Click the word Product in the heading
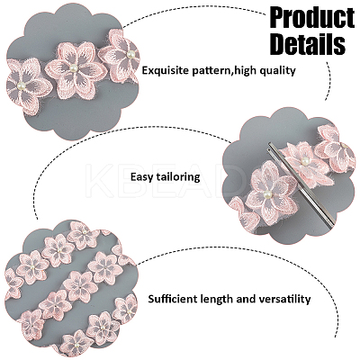pos(312,18)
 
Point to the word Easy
pos(140,177)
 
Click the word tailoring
pos(176,176)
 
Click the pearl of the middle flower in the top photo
pos(72,69)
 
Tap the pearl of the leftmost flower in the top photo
pos(21,85)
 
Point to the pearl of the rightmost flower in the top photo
pos(130,54)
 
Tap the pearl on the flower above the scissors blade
pos(304,159)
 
